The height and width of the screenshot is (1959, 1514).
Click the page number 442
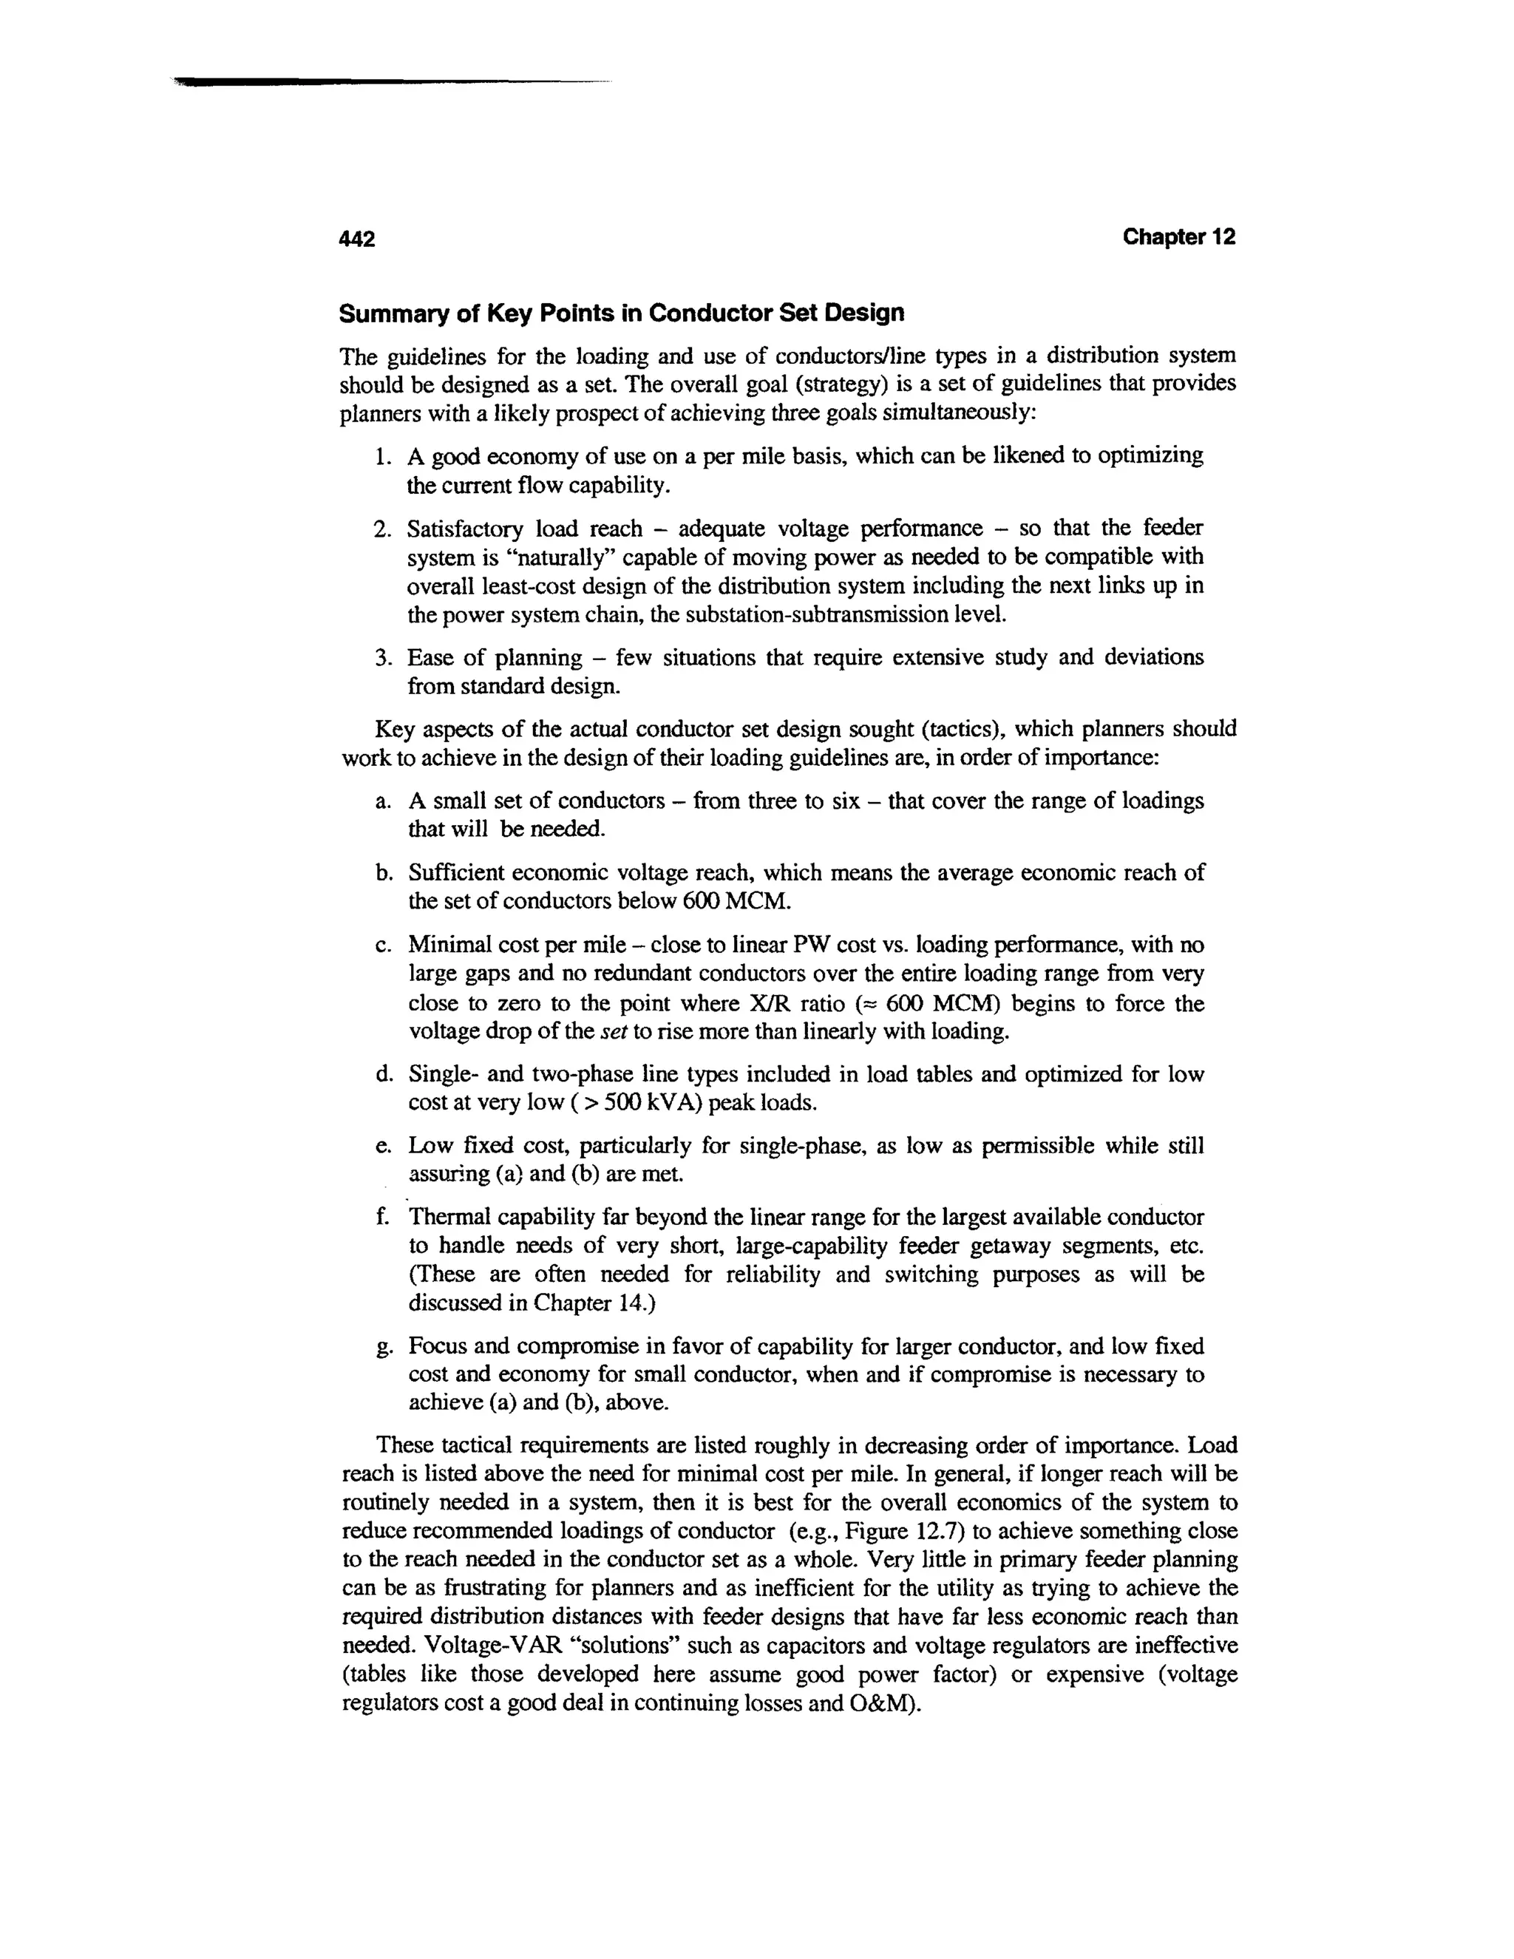357,239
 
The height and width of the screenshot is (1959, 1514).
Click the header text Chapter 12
1178,237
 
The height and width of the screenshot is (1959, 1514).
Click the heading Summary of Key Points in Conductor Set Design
621,313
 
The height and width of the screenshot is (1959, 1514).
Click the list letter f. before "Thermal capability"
383,1218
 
